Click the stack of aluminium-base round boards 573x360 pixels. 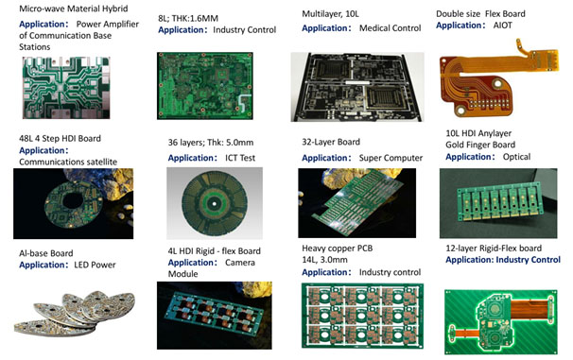point(69,313)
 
